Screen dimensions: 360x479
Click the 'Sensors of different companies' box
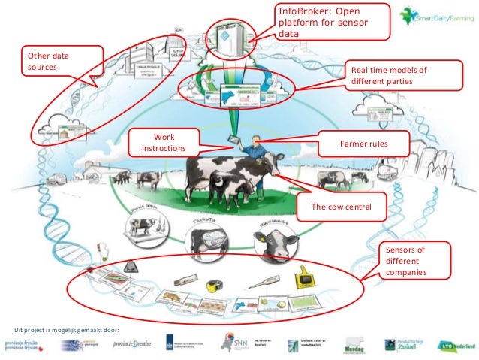point(405,260)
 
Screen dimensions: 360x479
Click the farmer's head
point(258,139)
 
